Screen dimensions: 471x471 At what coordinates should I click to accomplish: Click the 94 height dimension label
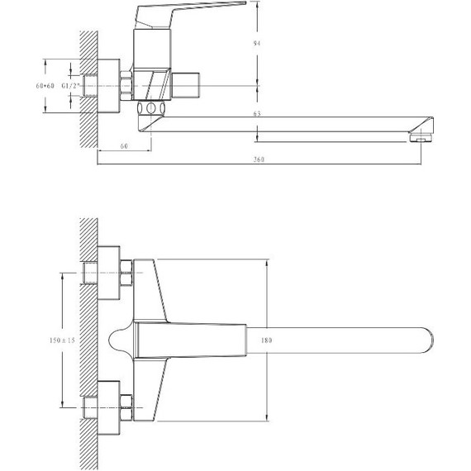[x=257, y=43]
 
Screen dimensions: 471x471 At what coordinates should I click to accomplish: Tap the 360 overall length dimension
[x=259, y=159]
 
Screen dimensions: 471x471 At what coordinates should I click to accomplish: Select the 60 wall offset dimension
[x=124, y=146]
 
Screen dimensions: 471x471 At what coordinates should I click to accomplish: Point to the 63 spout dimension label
[x=257, y=113]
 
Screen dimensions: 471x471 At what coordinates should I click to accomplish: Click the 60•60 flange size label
[x=45, y=86]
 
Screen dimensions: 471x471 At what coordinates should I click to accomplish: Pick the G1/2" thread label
[x=70, y=86]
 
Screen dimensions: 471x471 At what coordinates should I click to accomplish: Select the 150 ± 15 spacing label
[x=62, y=340]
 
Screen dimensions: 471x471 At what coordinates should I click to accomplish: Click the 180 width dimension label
[x=266, y=340]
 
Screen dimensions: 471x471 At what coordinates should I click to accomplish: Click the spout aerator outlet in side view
[x=421, y=138]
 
